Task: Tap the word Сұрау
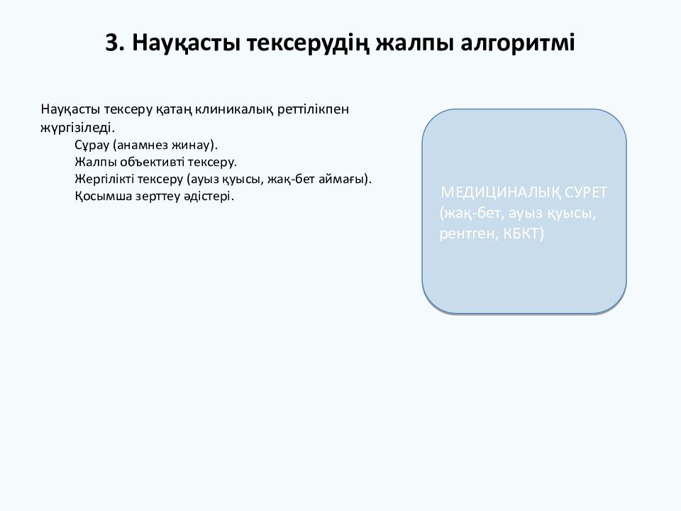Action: click(x=90, y=145)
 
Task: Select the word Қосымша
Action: click(x=101, y=196)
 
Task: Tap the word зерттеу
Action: click(x=160, y=196)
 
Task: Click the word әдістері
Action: click(x=211, y=196)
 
